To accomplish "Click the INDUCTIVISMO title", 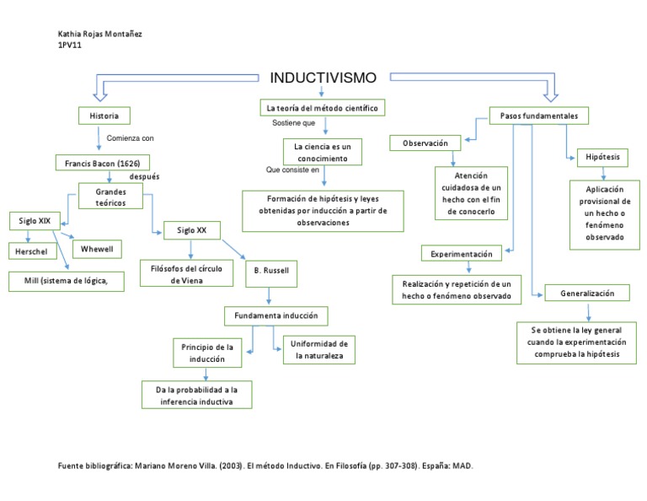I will pos(323,78).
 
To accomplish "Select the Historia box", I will pos(104,116).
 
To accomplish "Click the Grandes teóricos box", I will pos(110,198).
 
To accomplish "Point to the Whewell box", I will pos(97,248).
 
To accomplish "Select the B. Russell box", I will pos(271,272).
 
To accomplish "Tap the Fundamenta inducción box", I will pos(275,315).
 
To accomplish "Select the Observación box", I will pos(425,143).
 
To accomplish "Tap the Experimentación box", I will pos(461,253).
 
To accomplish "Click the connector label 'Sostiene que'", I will pos(293,123).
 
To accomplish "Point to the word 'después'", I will pos(144,177).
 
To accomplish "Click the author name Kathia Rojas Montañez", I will pos(99,34).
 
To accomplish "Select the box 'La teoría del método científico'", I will pos(322,109).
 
